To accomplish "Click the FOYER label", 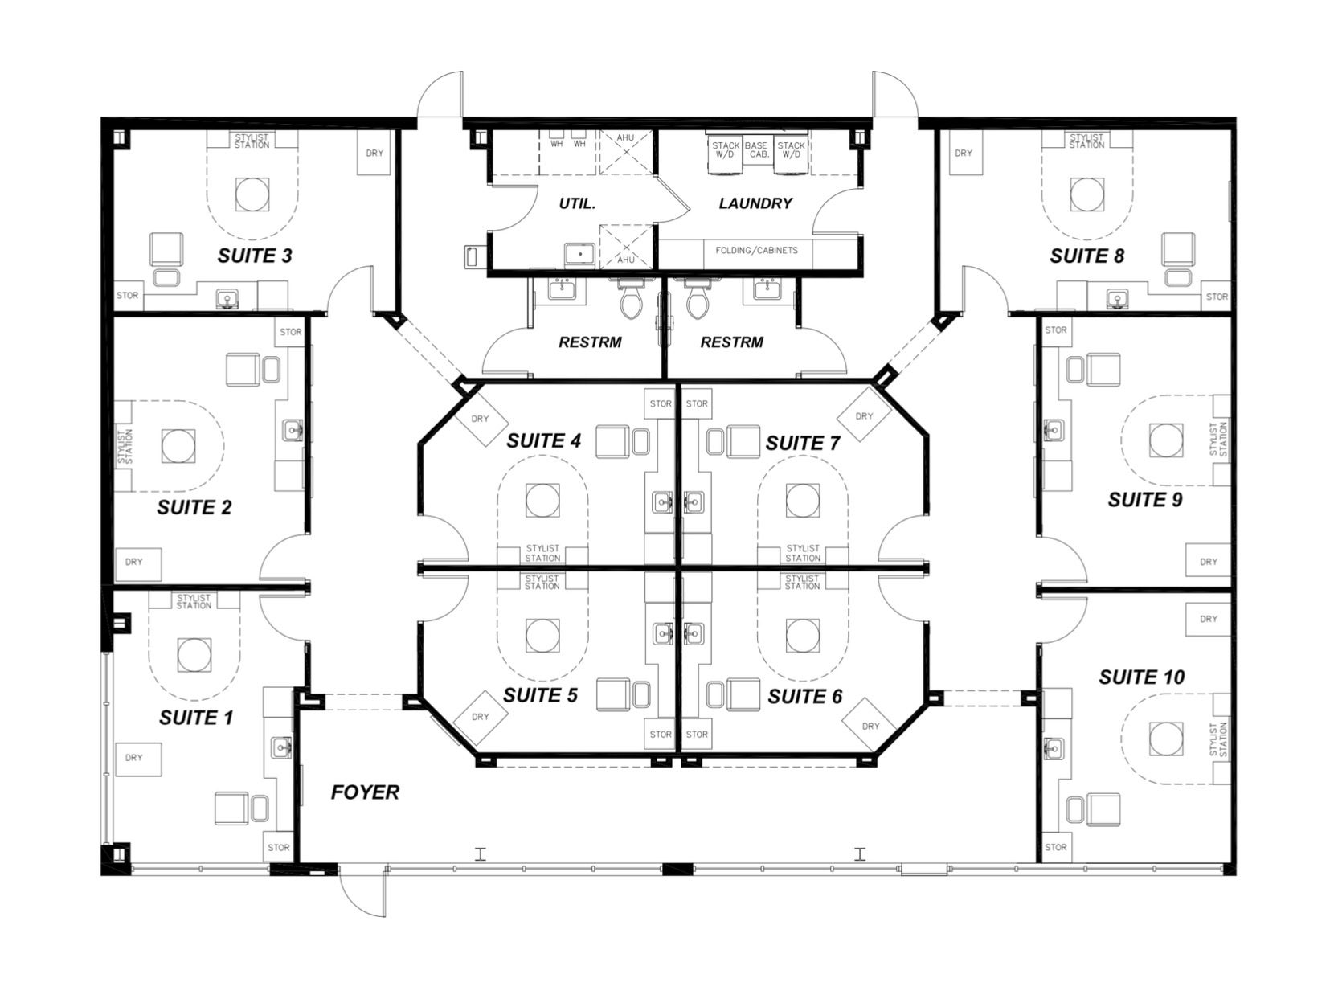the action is pos(365,792).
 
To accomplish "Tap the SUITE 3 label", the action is pos(255,256).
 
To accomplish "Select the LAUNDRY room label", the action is pos(755,203).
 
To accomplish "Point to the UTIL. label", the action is pos(577,203).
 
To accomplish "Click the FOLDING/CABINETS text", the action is pos(756,250).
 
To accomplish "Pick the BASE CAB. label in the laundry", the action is pos(757,149).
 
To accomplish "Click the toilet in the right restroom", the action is pos(697,299).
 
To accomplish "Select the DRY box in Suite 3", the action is pos(374,154).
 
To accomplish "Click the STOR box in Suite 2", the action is pos(290,332).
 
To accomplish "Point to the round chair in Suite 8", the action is pos(1087,194).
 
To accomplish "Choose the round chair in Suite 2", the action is pos(178,445).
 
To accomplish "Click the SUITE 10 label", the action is pos(1141,677).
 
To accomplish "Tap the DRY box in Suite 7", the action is pos(864,416).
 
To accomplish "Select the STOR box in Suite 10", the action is pos(1056,847).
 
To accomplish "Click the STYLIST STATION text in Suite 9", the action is pos(1218,439).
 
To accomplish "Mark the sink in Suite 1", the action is pos(282,747).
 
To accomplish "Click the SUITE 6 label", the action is pos(804,697).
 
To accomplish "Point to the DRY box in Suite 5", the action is pos(480,717).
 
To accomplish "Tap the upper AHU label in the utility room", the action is pos(625,138).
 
